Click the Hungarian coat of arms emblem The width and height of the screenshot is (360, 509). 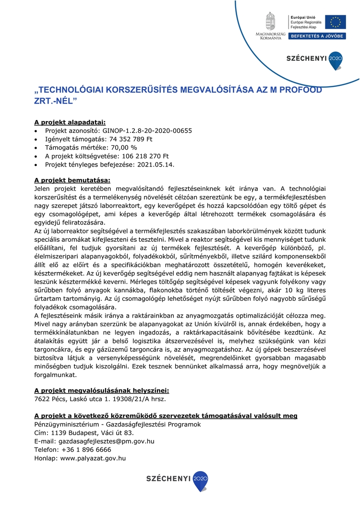tap(271, 21)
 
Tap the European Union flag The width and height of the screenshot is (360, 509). tap(335, 22)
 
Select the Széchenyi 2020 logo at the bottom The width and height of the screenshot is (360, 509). tap(177, 480)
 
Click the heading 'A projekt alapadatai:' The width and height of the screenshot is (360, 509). tap(70, 121)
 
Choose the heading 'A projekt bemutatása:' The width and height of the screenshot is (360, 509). tap(72, 180)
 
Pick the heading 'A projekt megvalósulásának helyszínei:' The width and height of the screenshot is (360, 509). tap(102, 391)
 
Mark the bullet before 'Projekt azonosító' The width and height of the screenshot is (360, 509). tap(36, 130)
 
